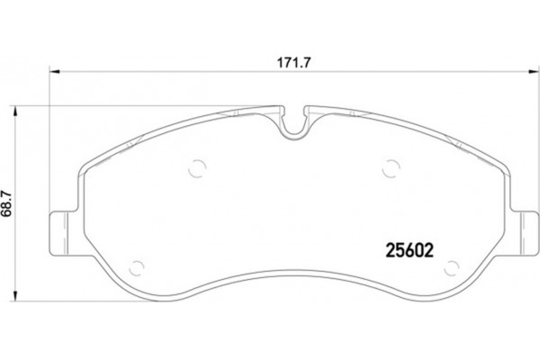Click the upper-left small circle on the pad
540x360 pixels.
pyautogui.click(x=199, y=166)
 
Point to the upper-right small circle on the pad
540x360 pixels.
pyautogui.click(x=390, y=166)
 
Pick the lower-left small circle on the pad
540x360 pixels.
pyautogui.click(x=138, y=266)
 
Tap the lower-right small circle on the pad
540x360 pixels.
pyautogui.click(x=452, y=266)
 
